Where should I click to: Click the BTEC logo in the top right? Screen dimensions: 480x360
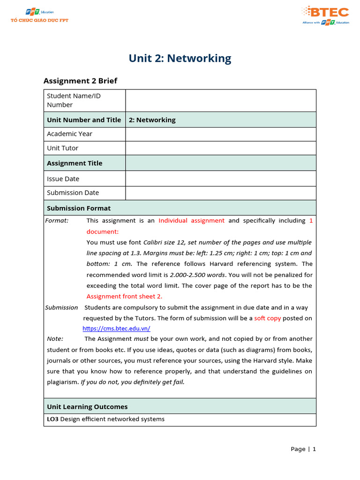325,15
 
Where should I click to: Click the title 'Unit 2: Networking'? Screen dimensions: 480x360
180,59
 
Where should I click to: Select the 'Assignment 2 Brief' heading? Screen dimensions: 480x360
80,81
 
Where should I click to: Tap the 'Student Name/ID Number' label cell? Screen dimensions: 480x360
74,100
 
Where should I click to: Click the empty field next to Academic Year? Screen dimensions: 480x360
220,134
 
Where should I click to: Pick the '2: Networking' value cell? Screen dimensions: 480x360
152,120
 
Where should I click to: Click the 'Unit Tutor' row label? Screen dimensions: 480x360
62,148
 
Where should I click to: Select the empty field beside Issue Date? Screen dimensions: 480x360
220,179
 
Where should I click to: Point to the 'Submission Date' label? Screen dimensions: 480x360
73,193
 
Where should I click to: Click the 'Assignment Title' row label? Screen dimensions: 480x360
74,163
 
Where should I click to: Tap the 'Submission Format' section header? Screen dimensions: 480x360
79,208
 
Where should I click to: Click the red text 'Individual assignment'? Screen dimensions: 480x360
191,220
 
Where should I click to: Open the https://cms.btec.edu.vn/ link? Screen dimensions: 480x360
116,329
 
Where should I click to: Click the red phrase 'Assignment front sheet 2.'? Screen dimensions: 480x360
124,296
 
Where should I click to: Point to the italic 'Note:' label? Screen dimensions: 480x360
55,338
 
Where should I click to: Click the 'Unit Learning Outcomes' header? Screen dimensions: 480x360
87,406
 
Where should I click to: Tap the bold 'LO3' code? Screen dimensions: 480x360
52,419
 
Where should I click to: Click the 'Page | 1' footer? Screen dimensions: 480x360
303,449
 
